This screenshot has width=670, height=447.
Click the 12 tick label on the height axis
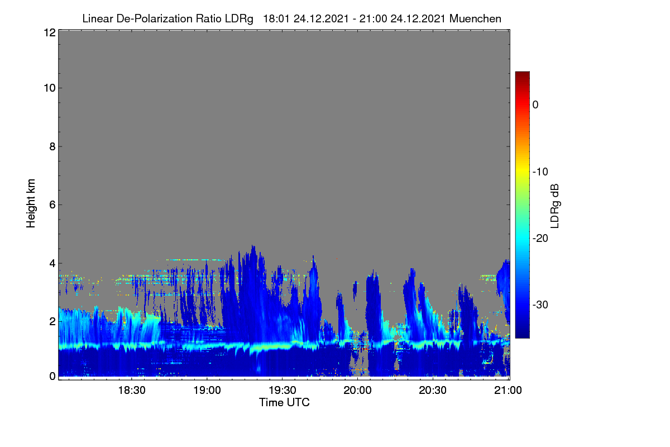(50, 32)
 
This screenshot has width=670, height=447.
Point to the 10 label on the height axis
(50, 88)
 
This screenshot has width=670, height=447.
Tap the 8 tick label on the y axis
(52, 146)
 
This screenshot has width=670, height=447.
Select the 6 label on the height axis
(52, 205)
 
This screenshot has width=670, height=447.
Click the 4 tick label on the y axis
(52, 263)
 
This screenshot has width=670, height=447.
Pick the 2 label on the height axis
(52, 321)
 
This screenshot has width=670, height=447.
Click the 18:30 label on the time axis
(132, 390)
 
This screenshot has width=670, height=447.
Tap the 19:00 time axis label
(207, 390)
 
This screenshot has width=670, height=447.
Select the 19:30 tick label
(283, 390)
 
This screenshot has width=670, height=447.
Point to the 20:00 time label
(357, 390)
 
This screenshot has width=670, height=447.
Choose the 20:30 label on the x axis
(433, 390)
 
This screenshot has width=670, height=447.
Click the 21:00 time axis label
(508, 390)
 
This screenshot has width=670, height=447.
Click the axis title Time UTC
(284, 402)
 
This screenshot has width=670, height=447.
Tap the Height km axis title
(31, 203)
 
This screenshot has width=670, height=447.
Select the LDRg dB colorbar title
(554, 206)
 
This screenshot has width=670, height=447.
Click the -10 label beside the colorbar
(540, 172)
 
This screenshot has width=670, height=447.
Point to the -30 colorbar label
(540, 305)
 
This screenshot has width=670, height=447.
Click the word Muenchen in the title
(475, 18)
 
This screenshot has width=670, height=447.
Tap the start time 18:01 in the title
(276, 18)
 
